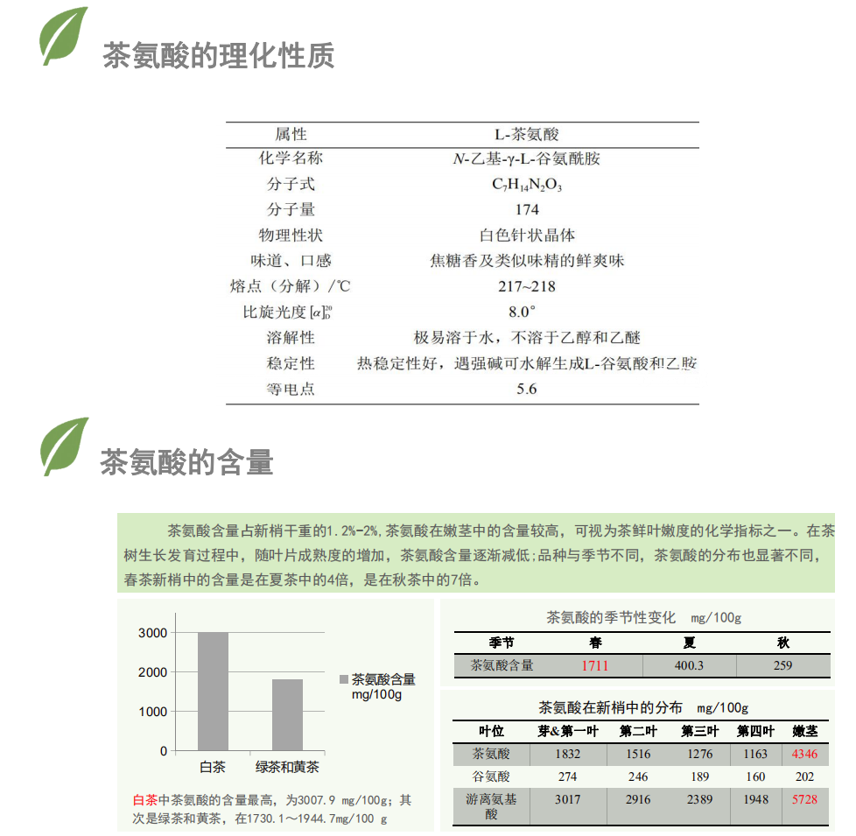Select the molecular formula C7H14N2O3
pos(526,185)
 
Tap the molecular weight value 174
pos(526,210)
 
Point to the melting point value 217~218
pos(526,286)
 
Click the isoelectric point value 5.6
pos(526,389)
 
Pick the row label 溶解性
pos(291,338)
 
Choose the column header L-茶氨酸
pos(526,134)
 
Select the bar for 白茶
pos(213,692)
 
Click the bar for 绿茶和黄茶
pos(287,714)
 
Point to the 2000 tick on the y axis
pos(152,672)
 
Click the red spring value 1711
pos(595,665)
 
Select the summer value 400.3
pos(689,665)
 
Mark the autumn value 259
pos(782,665)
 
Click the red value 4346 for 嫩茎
pos(804,754)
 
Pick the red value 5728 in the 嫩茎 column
pos(804,799)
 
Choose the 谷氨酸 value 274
pos(567,776)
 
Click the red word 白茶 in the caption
pos(144,800)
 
